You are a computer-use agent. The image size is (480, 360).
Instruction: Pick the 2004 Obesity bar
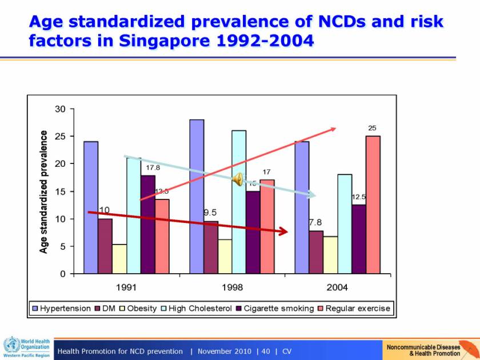tap(330, 255)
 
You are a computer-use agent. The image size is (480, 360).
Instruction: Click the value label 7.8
tap(316, 222)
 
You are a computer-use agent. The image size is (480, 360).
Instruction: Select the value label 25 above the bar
tap(373, 128)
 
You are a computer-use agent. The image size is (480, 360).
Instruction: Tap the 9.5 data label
tap(210, 212)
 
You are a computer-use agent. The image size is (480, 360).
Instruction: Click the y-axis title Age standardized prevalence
tap(44, 191)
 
